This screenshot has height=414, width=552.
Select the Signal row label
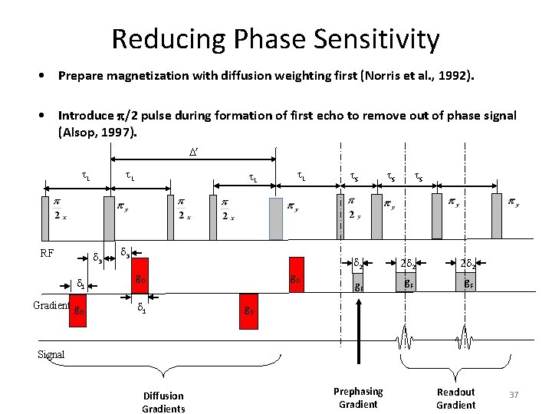(51, 354)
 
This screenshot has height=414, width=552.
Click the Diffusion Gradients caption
(163, 402)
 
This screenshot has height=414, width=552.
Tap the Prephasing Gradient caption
(358, 397)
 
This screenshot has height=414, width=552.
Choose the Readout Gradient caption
(456, 397)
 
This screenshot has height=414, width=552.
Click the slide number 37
(514, 394)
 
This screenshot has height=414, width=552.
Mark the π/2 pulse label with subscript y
(353, 206)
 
